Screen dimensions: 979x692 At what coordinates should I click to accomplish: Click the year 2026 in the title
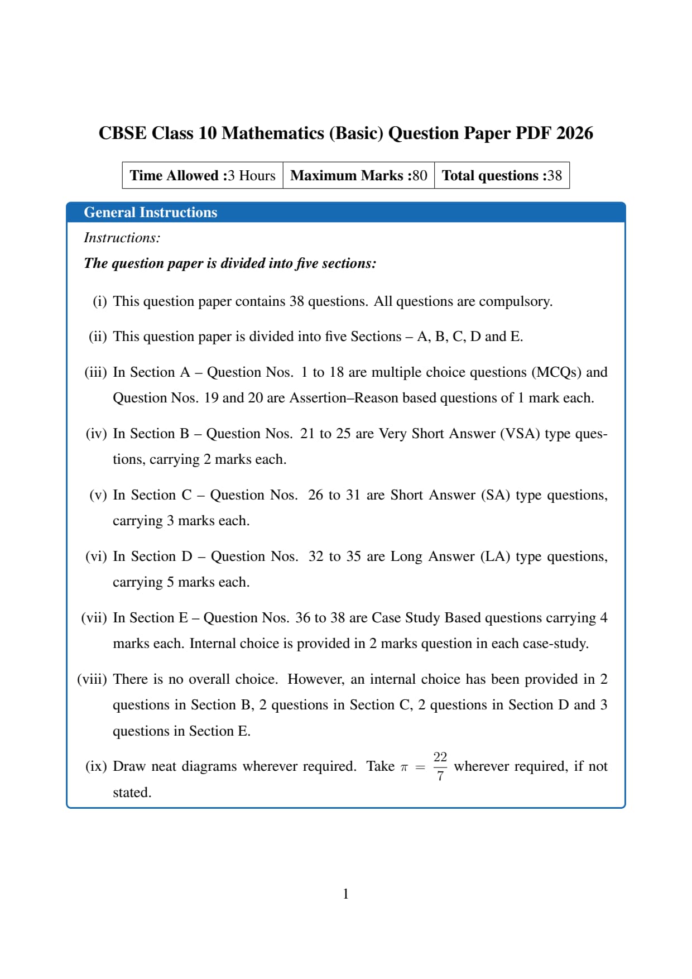click(574, 133)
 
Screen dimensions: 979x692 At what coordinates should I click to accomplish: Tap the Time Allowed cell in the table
click(203, 175)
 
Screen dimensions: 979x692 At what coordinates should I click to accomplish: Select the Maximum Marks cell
click(358, 175)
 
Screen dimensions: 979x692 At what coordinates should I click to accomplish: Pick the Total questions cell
click(502, 175)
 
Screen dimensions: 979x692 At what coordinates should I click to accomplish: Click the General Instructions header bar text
click(150, 212)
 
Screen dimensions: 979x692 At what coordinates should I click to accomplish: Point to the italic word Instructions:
click(122, 238)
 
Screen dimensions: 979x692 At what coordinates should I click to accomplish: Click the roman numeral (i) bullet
click(99, 301)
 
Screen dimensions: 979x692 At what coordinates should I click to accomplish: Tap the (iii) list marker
click(95, 372)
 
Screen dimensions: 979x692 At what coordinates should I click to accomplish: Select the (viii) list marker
click(92, 679)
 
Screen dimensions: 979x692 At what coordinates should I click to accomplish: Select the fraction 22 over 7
click(440, 766)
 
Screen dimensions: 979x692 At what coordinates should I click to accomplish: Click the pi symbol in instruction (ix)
click(404, 767)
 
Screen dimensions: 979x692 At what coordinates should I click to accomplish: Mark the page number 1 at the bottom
click(345, 894)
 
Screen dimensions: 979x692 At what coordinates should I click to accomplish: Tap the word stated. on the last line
click(132, 793)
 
